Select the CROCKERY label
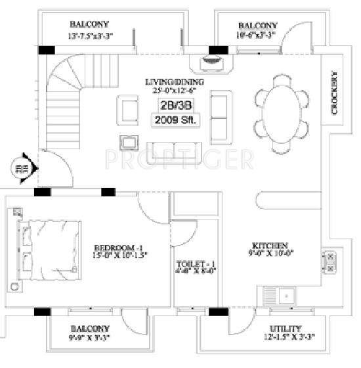[335, 93]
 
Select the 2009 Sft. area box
[173, 120]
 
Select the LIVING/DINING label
[175, 82]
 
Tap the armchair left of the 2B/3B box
[128, 108]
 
